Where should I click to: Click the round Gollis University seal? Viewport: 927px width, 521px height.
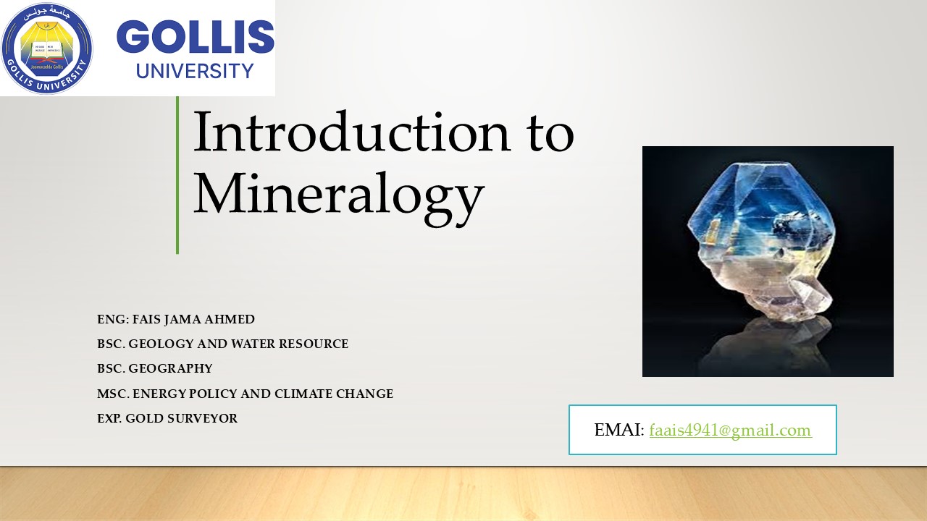pos(48,48)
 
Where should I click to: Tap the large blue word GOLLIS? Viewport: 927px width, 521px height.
pos(195,38)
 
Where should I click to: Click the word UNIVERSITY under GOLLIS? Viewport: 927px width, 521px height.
pos(195,71)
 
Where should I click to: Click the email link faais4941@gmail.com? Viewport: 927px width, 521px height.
pos(730,431)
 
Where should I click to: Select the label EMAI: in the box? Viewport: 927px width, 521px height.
pos(618,431)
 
